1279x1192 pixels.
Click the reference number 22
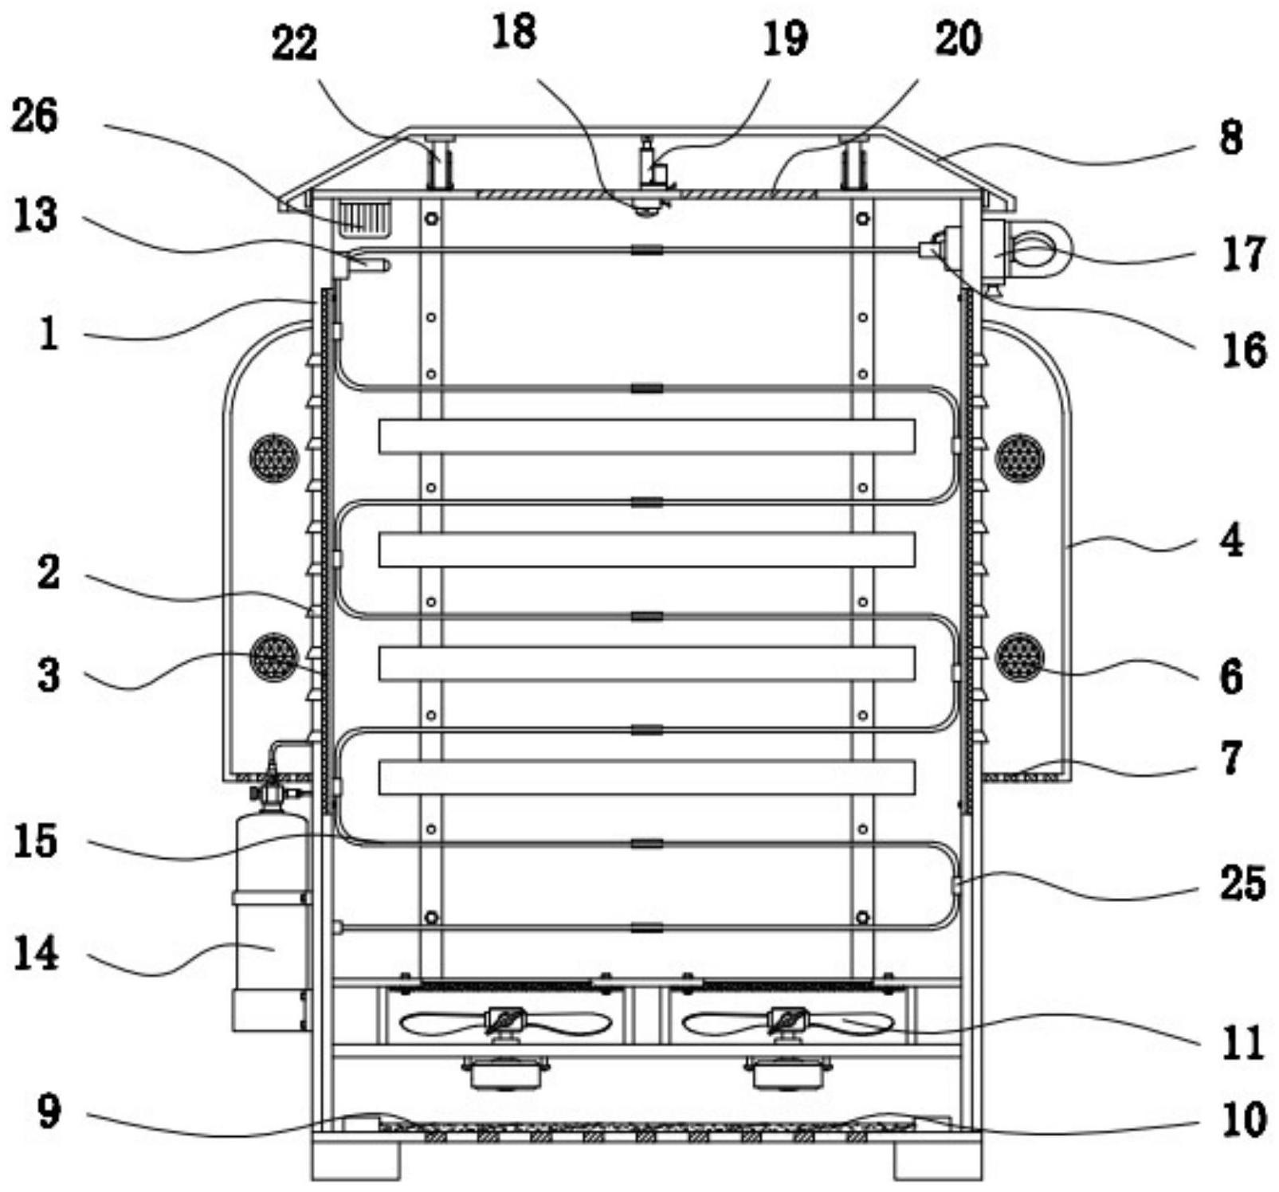click(x=294, y=44)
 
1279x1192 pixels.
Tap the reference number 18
click(x=514, y=33)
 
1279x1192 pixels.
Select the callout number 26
click(x=34, y=116)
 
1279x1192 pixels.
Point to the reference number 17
click(x=1243, y=255)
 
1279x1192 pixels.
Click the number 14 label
click(x=36, y=953)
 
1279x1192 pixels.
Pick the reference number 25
click(x=1242, y=883)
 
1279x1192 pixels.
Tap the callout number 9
click(x=49, y=1111)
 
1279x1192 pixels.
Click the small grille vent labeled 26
click(x=365, y=217)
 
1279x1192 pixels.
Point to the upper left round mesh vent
click(x=273, y=458)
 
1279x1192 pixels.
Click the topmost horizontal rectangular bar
click(x=646, y=436)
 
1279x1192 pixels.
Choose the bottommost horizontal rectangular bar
click(x=646, y=778)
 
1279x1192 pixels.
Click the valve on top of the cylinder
click(x=271, y=792)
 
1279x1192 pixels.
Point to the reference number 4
click(x=1231, y=542)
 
